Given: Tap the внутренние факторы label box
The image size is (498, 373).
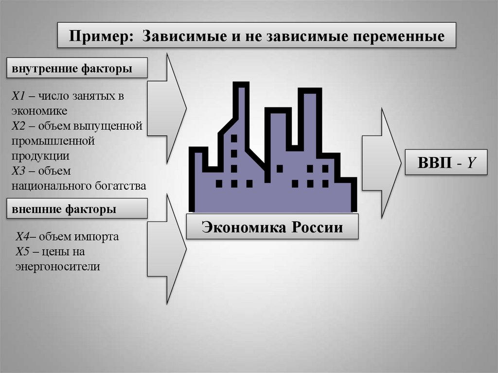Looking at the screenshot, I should (x=76, y=69).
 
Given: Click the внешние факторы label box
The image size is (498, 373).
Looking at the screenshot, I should (x=76, y=210).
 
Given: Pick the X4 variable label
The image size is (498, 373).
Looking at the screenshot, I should (x=22, y=237).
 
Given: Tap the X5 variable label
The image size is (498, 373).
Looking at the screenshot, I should (x=22, y=252).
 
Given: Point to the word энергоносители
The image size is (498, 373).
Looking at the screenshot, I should (x=57, y=266).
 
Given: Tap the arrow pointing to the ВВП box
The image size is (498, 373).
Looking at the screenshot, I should (x=381, y=163).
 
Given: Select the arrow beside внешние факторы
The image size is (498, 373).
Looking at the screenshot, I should (x=167, y=248).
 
